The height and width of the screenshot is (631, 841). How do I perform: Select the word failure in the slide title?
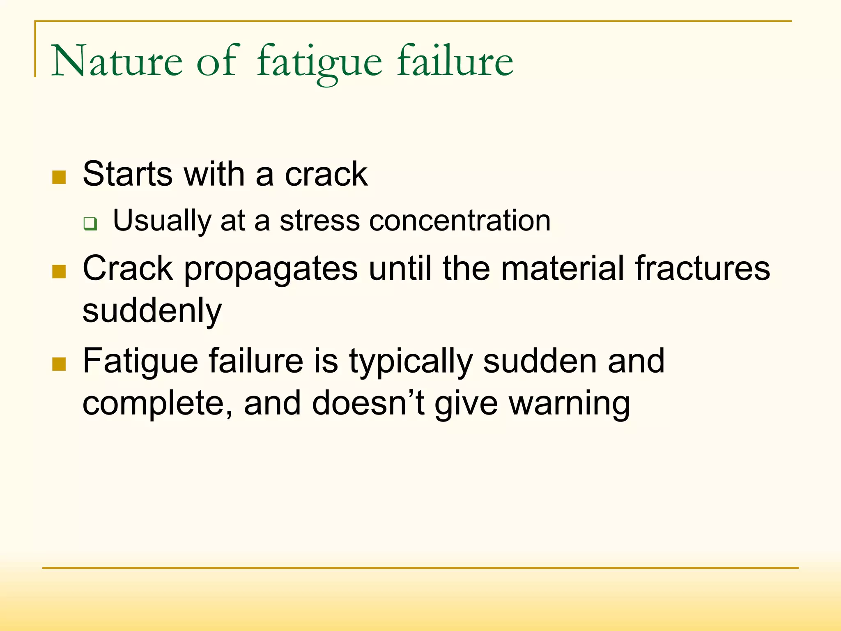(x=455, y=62)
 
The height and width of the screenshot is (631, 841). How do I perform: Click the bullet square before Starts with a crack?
(x=59, y=177)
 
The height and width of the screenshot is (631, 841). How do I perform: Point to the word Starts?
(x=127, y=174)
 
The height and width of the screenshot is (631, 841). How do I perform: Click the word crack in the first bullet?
(x=326, y=174)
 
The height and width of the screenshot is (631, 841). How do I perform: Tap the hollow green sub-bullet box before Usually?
(x=90, y=224)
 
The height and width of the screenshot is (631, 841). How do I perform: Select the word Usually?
(x=162, y=221)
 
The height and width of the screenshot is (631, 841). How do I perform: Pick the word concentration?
(x=460, y=221)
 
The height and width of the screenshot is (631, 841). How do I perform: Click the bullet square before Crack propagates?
(x=59, y=271)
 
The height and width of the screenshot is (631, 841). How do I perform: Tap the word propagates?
(x=271, y=269)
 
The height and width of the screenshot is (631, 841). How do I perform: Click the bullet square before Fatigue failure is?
(x=59, y=364)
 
